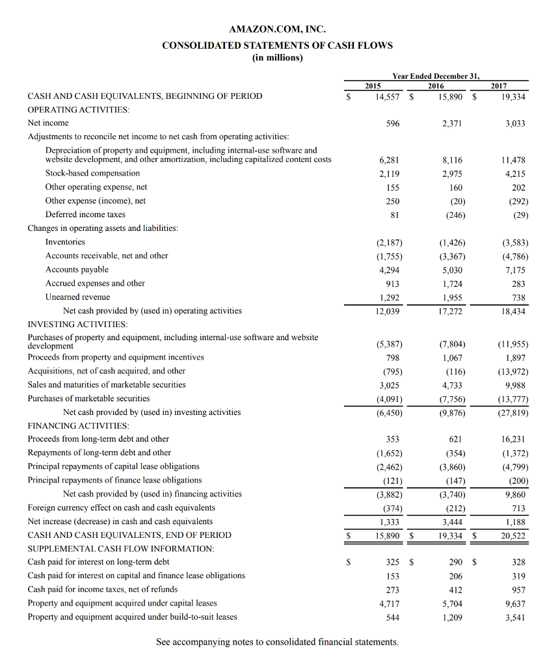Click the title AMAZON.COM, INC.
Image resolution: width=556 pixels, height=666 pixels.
coord(277,29)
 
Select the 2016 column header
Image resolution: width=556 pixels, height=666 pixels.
coord(436,85)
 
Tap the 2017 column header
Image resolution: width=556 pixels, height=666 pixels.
coord(499,85)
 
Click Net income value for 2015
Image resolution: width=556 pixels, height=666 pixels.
coord(392,123)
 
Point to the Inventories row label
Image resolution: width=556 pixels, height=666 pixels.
coord(65,242)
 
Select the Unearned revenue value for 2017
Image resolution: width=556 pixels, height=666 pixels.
coord(518,297)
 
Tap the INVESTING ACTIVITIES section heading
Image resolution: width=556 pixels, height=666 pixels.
coord(77,324)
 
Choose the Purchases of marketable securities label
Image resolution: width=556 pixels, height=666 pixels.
coord(88,399)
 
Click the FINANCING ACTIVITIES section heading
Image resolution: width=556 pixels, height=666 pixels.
coord(78,426)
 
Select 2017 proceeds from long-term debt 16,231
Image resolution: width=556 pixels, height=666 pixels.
coord(514,439)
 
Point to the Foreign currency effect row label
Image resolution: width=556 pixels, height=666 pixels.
coord(121,508)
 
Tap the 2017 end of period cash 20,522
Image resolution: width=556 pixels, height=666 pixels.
coord(514,536)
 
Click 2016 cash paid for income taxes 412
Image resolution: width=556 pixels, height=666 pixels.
coord(456,590)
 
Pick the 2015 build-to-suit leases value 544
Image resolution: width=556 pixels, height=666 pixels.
coord(392,617)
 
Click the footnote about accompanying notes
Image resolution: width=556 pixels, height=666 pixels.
coord(278,642)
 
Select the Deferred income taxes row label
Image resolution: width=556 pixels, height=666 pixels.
coord(85,215)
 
